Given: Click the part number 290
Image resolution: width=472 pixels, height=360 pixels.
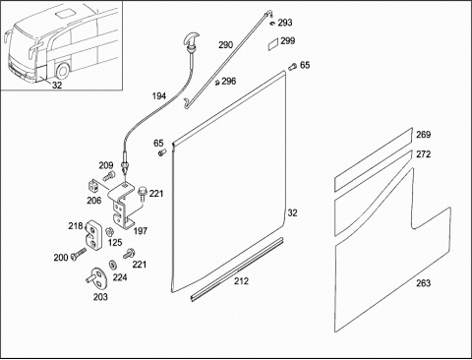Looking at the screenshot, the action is point(226,45).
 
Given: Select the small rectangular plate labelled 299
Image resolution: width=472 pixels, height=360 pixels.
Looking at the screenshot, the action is point(273,44).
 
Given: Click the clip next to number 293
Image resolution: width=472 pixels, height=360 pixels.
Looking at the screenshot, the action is point(273,23).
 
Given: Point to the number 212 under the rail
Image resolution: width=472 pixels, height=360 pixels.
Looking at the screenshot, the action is point(241,281).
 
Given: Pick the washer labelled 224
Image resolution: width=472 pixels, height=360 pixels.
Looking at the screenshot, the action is point(113,264).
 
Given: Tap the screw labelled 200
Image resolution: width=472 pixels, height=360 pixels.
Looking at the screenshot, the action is point(78,254).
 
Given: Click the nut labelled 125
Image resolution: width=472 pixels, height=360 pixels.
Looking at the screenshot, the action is point(109,232).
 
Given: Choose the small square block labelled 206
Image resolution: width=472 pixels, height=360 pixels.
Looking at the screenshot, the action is point(93,186).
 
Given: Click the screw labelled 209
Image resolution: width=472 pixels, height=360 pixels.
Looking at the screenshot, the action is point(109,176).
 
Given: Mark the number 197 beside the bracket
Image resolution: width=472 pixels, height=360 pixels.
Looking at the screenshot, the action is point(141,231).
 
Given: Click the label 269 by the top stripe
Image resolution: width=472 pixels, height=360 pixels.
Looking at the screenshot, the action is point(424,135).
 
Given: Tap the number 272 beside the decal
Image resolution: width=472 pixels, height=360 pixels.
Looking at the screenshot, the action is point(424,154).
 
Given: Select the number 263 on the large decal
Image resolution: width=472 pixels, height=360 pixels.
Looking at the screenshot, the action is point(424,283).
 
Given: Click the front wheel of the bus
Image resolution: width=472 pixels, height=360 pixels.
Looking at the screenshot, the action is point(62,70).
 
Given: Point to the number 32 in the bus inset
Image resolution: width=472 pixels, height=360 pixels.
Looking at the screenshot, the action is point(57,86).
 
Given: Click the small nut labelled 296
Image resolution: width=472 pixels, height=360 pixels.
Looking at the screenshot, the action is point(216,83).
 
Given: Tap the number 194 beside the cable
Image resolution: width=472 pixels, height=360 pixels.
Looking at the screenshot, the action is point(159,96).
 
